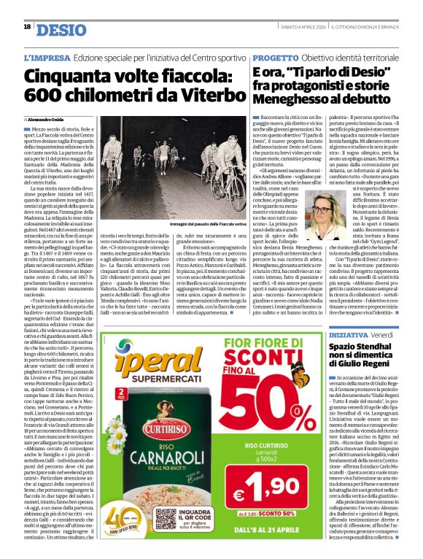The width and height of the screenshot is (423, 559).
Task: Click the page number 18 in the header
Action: (27, 27)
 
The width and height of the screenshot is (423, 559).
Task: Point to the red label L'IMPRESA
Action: (47, 58)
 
